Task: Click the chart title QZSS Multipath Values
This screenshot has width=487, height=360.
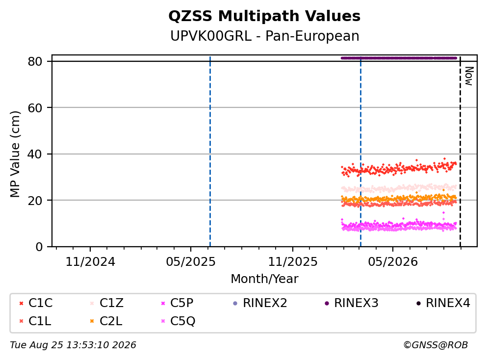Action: point(264,16)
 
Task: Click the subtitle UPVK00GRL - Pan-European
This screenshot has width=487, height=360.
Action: point(265,36)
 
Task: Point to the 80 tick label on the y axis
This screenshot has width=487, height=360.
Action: point(35,61)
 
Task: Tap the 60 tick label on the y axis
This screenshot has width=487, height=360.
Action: point(35,108)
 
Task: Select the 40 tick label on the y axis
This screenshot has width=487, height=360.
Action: point(35,154)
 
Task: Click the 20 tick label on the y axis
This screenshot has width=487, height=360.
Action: point(35,200)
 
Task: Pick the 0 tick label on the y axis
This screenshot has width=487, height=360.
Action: point(39,247)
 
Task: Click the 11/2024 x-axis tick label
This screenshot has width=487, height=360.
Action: point(90,262)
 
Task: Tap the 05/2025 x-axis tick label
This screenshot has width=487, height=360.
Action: point(190,262)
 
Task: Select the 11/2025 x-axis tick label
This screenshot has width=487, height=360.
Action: point(293,262)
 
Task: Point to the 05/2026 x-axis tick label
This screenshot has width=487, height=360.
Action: point(393,262)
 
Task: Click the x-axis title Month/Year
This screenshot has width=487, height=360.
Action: point(264,279)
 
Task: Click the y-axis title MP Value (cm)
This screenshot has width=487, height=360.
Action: point(15,154)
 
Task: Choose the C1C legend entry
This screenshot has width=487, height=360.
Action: point(36,303)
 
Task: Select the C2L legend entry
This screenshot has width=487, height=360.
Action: point(105,321)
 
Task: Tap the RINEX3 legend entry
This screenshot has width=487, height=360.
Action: point(351,303)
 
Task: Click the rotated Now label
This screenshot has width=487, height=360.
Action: point(469,76)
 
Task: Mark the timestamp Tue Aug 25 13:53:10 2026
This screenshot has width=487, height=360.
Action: point(73,345)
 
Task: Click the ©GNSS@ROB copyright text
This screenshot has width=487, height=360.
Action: point(436,345)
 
